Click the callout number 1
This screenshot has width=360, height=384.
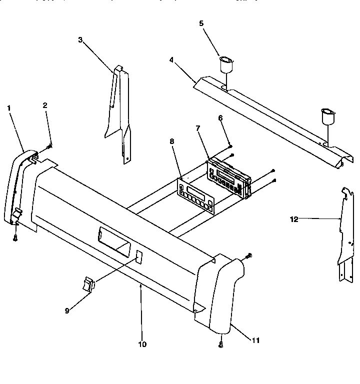tap(8, 107)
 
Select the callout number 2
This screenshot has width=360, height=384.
tap(45, 105)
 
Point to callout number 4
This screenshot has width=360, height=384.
tap(171, 59)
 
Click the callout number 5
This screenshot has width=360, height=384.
tap(202, 23)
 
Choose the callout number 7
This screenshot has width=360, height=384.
tap(198, 128)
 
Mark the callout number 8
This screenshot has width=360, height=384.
tap(172, 141)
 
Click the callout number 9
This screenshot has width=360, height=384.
tap(66, 310)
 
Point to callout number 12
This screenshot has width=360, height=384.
tap(294, 218)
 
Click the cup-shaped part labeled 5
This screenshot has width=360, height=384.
tap(226, 65)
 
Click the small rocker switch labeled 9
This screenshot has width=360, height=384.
tap(88, 285)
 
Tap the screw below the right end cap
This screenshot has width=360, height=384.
tap(220, 344)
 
